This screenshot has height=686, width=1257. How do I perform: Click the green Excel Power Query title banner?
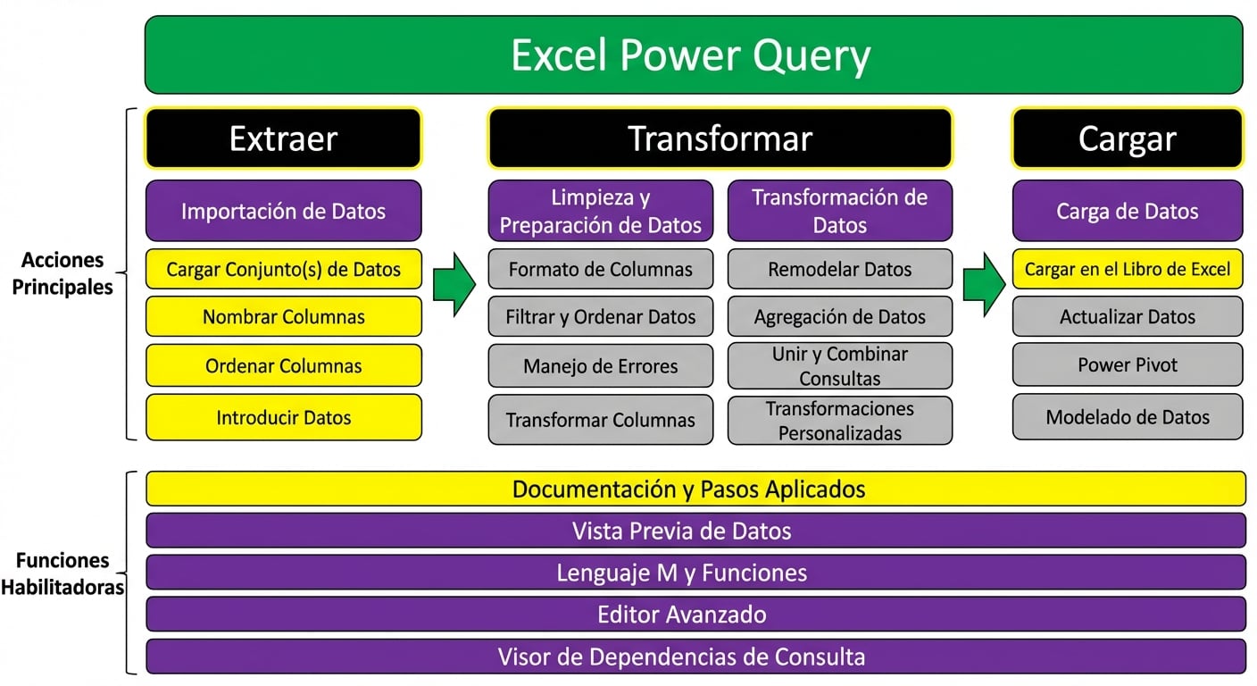[693, 54]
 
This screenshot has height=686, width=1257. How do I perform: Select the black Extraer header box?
[283, 138]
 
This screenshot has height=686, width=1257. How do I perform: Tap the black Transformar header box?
[720, 138]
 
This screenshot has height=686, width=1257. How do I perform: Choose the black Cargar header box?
[1127, 138]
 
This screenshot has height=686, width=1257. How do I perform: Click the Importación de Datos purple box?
[283, 211]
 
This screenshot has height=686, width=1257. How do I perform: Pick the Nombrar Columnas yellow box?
[283, 316]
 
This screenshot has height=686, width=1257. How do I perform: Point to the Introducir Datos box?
[283, 417]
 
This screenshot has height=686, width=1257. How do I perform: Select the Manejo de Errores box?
[600, 366]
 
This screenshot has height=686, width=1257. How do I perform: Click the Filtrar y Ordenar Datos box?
[600, 316]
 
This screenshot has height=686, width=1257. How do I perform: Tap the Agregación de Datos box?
[839, 316]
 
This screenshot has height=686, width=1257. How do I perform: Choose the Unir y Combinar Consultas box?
[839, 366]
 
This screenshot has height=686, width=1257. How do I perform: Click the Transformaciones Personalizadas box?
[839, 421]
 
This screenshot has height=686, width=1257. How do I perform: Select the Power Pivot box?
[1127, 364]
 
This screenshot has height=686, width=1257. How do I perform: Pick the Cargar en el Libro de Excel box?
[1127, 269]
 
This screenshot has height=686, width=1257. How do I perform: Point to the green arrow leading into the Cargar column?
[984, 284]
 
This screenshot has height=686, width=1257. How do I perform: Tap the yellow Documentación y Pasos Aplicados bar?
[695, 489]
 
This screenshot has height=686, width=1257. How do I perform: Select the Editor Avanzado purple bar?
[695, 615]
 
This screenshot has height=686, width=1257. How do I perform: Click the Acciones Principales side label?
[62, 274]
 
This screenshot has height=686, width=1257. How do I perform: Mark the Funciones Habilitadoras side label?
[62, 573]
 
